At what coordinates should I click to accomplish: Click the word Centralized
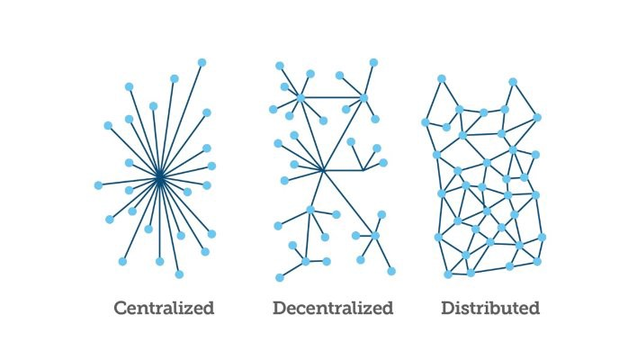click(x=165, y=308)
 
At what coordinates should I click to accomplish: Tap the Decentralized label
click(x=333, y=308)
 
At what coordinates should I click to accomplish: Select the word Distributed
click(x=490, y=308)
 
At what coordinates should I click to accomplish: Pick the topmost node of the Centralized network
click(x=202, y=62)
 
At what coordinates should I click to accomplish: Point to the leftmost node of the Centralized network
click(x=98, y=185)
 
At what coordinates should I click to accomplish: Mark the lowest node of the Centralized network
click(x=179, y=274)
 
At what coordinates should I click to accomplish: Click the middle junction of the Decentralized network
click(x=323, y=171)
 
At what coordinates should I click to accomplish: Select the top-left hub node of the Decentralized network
click(x=301, y=97)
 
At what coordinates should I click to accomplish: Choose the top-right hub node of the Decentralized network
click(x=363, y=98)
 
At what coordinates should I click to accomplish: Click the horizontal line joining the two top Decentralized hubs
click(x=332, y=97)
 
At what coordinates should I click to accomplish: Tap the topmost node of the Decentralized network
click(x=373, y=62)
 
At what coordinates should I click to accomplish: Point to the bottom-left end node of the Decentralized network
click(x=280, y=277)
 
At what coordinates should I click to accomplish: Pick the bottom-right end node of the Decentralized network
click(x=391, y=271)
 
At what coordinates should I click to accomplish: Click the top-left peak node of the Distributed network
click(x=442, y=78)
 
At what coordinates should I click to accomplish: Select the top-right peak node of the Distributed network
click(x=513, y=82)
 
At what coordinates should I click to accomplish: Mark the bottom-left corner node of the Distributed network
click(x=448, y=274)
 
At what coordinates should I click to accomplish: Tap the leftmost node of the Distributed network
click(x=426, y=122)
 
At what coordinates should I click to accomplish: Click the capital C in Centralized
click(x=121, y=308)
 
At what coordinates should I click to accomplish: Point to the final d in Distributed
click(x=534, y=308)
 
